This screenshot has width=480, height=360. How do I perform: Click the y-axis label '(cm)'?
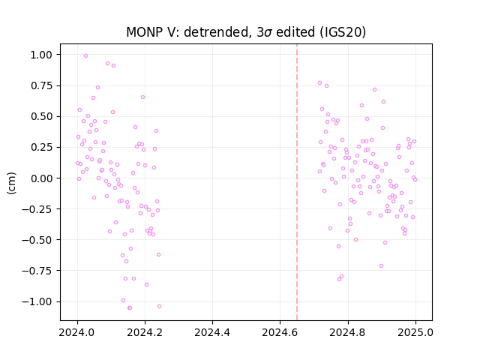click(x=11, y=183)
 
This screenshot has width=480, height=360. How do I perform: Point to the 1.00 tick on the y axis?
click(x=41, y=55)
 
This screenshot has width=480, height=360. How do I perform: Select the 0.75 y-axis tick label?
click(x=41, y=85)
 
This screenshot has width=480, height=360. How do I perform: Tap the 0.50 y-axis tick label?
click(x=41, y=117)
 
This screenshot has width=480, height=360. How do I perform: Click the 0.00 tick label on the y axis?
click(x=41, y=178)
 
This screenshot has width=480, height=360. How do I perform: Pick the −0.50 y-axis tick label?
click(x=37, y=240)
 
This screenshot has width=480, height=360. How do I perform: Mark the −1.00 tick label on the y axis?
click(x=37, y=301)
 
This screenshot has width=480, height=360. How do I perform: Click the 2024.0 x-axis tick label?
click(x=77, y=332)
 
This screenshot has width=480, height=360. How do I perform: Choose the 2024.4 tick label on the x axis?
click(x=212, y=332)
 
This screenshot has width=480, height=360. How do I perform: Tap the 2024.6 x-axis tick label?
click(x=280, y=332)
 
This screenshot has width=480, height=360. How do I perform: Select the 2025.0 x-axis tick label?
click(x=415, y=332)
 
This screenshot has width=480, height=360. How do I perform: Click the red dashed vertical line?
click(x=297, y=182)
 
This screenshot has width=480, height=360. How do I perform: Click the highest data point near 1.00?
click(x=85, y=56)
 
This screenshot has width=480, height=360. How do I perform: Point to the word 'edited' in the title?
click(x=295, y=32)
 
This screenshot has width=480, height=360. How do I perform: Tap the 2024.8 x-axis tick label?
click(x=347, y=332)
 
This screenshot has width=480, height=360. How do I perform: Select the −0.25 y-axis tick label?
click(x=37, y=209)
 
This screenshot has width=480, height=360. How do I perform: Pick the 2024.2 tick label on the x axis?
click(x=145, y=332)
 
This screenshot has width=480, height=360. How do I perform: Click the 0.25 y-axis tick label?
click(x=41, y=147)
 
